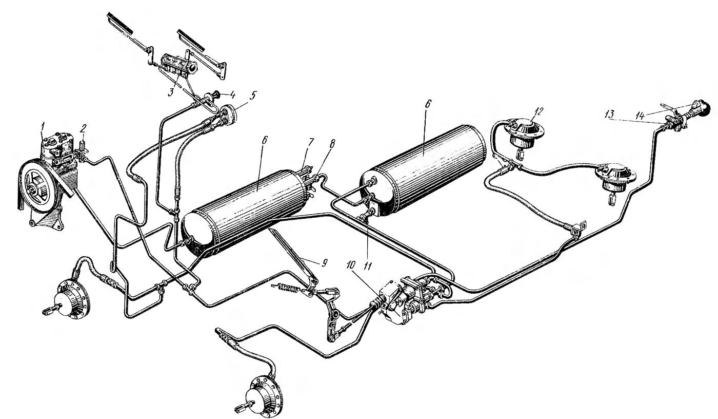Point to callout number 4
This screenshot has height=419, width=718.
click(232, 95)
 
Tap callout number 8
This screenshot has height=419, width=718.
click(331, 143)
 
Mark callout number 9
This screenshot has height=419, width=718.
click(324, 263)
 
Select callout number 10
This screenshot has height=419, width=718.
click(351, 265)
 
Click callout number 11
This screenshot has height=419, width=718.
click(367, 265)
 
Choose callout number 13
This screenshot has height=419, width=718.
click(610, 114)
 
